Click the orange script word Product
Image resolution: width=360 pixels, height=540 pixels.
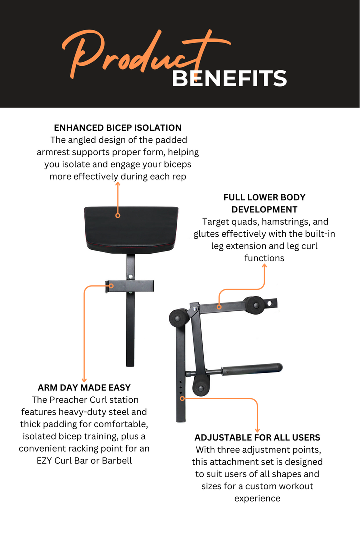pyautogui.click(x=146, y=51)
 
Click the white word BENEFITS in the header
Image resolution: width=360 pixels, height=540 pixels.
pyautogui.click(x=229, y=79)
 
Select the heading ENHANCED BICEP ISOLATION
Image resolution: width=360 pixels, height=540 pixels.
pyautogui.click(x=118, y=128)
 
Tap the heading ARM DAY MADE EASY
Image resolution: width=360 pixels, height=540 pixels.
pyautogui.click(x=84, y=388)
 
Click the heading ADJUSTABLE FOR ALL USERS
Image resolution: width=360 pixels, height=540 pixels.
pyautogui.click(x=257, y=437)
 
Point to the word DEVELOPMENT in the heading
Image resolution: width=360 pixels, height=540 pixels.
pyautogui.click(x=264, y=209)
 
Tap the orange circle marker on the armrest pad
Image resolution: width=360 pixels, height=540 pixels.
pyautogui.click(x=118, y=215)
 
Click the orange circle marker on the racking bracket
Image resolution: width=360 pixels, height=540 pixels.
pyautogui.click(x=111, y=286)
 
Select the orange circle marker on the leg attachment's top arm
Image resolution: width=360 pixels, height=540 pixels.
pyautogui.click(x=219, y=307)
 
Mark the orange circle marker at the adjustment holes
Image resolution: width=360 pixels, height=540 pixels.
pyautogui.click(x=183, y=398)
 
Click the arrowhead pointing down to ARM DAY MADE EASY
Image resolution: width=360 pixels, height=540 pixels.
pyautogui.click(x=84, y=380)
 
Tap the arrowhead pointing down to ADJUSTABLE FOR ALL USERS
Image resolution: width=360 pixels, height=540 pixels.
pyautogui.click(x=257, y=430)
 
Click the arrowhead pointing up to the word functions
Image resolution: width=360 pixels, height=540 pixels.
pyautogui.click(x=264, y=266)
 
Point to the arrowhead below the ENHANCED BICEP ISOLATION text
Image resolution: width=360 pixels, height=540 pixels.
pyautogui.click(x=118, y=184)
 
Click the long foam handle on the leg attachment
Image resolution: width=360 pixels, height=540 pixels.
pyautogui.click(x=252, y=369)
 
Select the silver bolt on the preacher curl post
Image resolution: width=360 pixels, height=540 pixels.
pyautogui.click(x=131, y=277)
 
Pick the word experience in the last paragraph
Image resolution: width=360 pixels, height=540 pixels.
pyautogui.click(x=257, y=499)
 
